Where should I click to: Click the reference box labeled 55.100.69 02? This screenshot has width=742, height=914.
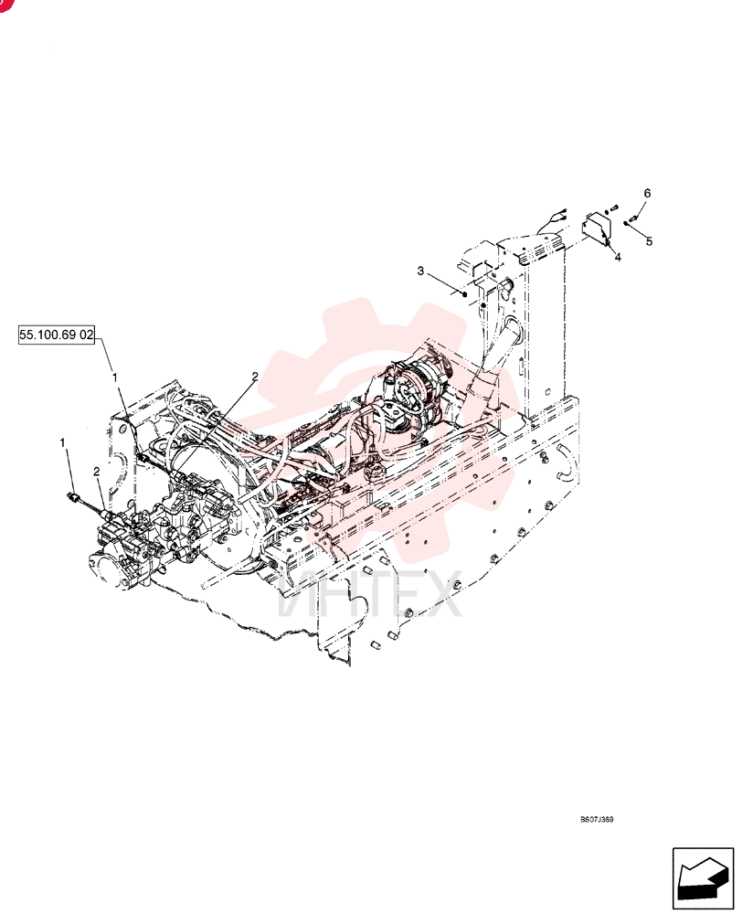coord(57,335)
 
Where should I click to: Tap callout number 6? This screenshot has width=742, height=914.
coord(647,193)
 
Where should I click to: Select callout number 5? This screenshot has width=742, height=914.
coord(649,241)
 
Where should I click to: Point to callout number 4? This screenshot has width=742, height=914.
coord(618,257)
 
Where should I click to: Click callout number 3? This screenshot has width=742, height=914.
coord(421,271)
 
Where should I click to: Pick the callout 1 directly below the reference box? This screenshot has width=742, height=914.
coord(115,377)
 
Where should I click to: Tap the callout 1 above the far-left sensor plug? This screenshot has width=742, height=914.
coord(62,443)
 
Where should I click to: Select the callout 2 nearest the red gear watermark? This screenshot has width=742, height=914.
coord(255,377)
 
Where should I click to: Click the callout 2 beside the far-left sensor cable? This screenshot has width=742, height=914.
coord(97,471)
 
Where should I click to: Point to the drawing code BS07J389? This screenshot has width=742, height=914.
coord(597,820)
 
